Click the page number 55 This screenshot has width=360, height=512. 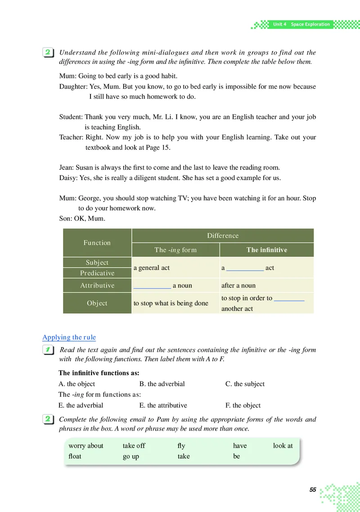tap(313, 490)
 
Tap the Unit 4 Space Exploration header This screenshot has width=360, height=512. tap(301, 24)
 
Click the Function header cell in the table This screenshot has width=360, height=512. tap(97, 243)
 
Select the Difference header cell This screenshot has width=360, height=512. tap(223, 236)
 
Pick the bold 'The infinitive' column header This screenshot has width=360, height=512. tap(266, 250)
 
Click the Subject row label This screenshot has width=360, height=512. tap(97, 262)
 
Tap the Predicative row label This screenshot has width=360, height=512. tap(97, 273)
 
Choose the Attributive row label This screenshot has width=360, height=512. tap(97, 285)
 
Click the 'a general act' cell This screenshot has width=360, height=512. tap(152, 268)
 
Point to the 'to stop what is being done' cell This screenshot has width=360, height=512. tap(171, 303)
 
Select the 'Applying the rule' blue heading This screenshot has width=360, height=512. tap(69, 337)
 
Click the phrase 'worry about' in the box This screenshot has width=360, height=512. tap(86, 445)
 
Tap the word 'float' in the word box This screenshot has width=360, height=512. tap(75, 456)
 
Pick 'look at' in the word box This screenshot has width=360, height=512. tap(283, 445)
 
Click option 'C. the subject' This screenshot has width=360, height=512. tap(245, 384)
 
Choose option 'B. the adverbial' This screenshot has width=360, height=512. tap(162, 384)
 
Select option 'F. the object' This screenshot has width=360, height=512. tap(243, 405)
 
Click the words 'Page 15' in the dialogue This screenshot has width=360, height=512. tap(156, 147)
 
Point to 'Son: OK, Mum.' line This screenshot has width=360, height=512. tap(82, 219)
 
